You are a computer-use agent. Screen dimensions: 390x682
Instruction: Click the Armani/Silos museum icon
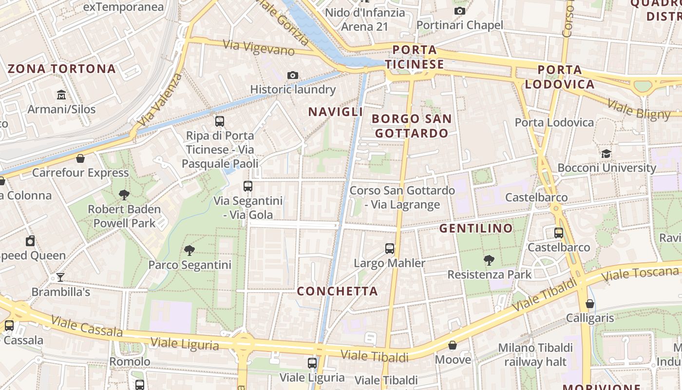pyautogui.click(x=61, y=94)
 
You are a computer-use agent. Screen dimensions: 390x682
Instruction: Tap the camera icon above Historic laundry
pyautogui.click(x=292, y=75)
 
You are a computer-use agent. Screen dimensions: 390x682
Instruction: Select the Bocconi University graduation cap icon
pyautogui.click(x=606, y=154)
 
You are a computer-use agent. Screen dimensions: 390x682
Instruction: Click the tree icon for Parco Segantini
pyautogui.click(x=189, y=251)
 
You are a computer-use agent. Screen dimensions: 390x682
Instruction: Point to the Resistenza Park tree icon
pyautogui.click(x=489, y=260)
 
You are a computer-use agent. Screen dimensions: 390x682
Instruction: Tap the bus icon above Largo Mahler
pyautogui.click(x=390, y=249)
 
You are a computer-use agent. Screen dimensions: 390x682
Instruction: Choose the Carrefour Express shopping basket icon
pyautogui.click(x=80, y=158)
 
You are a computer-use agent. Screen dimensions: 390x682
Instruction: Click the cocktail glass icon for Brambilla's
pyautogui.click(x=60, y=277)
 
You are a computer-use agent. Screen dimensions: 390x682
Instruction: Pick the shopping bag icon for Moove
pyautogui.click(x=453, y=346)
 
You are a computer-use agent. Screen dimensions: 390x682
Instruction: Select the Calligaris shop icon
pyautogui.click(x=590, y=304)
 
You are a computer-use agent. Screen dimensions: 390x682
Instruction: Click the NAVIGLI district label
pyautogui.click(x=336, y=112)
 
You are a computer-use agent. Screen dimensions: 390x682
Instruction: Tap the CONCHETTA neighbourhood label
pyautogui.click(x=338, y=291)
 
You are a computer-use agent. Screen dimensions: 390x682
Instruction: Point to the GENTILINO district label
pyautogui.click(x=476, y=228)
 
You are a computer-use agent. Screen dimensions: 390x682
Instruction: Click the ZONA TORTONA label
pyautogui.click(x=62, y=69)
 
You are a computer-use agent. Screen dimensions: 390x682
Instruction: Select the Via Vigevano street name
pyautogui.click(x=259, y=47)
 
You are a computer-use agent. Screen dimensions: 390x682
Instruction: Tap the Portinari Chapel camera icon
pyautogui.click(x=459, y=11)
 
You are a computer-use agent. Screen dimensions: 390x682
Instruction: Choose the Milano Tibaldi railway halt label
pyautogui.click(x=535, y=355)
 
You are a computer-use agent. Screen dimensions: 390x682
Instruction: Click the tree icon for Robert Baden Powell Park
pyautogui.click(x=124, y=195)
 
